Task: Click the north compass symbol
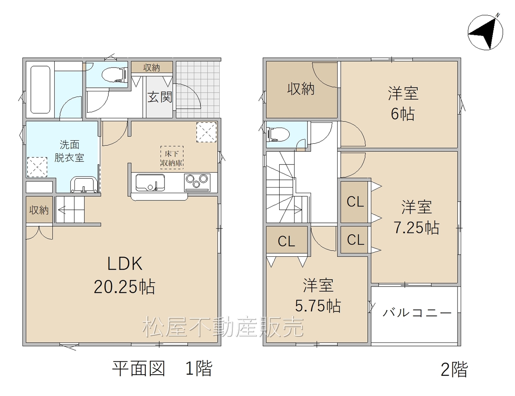[x=485, y=33]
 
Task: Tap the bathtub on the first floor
[x=40, y=90]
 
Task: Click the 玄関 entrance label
[x=160, y=97]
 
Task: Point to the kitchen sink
[x=150, y=182]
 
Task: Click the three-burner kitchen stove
[x=197, y=182]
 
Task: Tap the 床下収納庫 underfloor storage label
[x=172, y=158]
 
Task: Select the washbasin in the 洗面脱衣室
[x=84, y=185]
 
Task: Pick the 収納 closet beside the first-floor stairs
[x=39, y=210]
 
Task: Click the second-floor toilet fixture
[x=278, y=134]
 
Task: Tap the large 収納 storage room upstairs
[x=301, y=90]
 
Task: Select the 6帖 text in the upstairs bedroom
[x=403, y=114]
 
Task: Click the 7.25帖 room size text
[x=416, y=228]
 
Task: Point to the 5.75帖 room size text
[x=318, y=306]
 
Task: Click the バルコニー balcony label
[x=417, y=313]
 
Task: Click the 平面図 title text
[x=139, y=369]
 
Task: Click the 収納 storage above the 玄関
[x=152, y=68]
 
